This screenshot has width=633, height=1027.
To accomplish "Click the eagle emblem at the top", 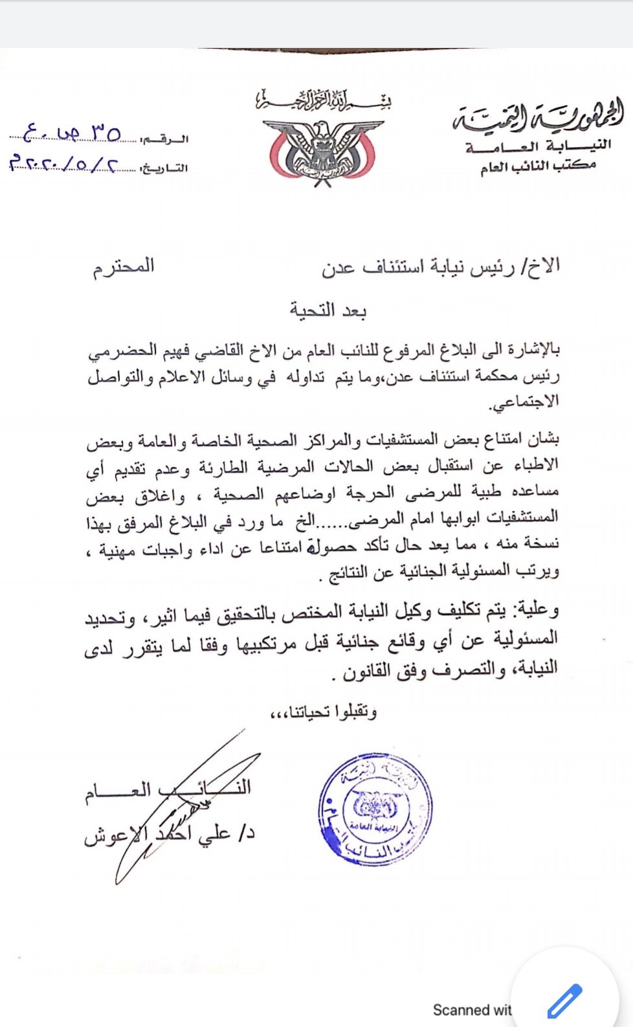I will pos(322,151).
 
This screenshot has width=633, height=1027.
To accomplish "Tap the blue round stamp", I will pos(375,810).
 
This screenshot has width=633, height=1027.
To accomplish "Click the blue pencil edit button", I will pos(564,1001).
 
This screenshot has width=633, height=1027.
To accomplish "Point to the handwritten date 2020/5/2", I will pos(65,163).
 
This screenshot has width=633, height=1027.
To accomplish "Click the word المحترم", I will pos(124,267).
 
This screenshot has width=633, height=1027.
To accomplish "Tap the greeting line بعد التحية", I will pos(328,311).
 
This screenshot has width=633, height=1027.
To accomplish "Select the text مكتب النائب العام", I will pos(538,167).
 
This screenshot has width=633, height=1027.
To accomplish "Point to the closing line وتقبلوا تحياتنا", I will pos(324,712).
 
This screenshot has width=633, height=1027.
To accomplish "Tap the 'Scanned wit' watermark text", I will pos(472,1010).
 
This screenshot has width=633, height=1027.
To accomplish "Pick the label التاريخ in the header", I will pos(165,169).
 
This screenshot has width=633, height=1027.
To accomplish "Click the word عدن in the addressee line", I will pos(339,267).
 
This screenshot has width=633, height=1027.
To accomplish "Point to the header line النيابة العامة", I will pos(538,146).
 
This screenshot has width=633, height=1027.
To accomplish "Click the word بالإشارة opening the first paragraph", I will pos(527,351).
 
